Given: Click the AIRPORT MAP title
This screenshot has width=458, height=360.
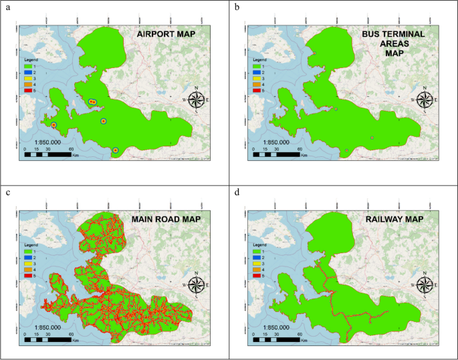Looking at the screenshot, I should coord(165,34).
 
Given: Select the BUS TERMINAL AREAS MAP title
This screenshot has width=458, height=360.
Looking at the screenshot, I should coord(390,43).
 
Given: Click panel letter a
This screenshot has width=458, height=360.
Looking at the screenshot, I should coord(7,7).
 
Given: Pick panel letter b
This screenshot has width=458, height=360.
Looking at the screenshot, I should coord(236,7).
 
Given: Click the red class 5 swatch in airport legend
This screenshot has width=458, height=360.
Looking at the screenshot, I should coord(29,90).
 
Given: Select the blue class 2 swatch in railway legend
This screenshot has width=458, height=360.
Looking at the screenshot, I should coord(257,256).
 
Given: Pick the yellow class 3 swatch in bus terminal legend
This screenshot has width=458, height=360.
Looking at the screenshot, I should coord(257,79).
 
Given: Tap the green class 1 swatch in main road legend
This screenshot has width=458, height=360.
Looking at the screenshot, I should coord(29,250).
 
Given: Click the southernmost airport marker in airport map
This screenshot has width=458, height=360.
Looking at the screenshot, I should coord(116,151).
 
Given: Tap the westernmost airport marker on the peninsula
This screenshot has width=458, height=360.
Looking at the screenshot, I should coord(53,124).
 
